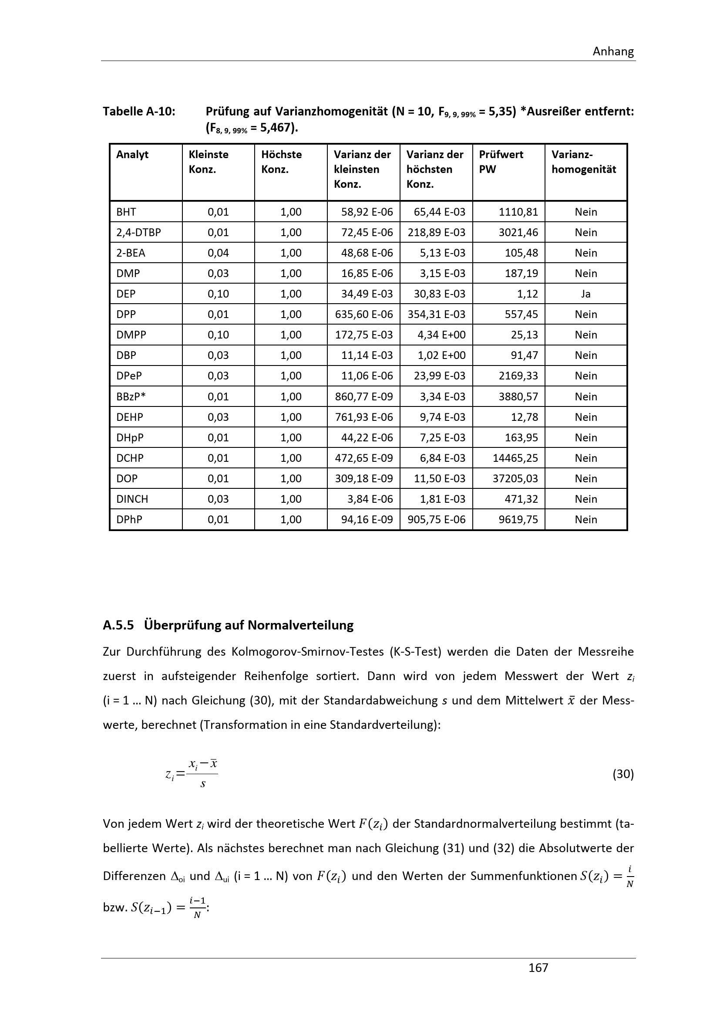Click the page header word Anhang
pyautogui.click(x=613, y=51)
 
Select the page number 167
pyautogui.click(x=538, y=968)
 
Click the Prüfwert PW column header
pyautogui.click(x=501, y=162)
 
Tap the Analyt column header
pyautogui.click(x=132, y=155)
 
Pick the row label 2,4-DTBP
pyautogui.click(x=138, y=232)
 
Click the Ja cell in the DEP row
pyautogui.click(x=585, y=294)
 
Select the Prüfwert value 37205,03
pyautogui.click(x=515, y=478)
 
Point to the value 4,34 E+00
pyautogui.click(x=441, y=335)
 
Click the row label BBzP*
pyautogui.click(x=131, y=396)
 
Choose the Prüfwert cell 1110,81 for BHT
pyautogui.click(x=518, y=212)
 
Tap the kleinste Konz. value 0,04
pyautogui.click(x=218, y=253)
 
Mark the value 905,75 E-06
pyautogui.click(x=437, y=519)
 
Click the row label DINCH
pyautogui.click(x=132, y=499)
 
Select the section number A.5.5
pyautogui.click(x=118, y=625)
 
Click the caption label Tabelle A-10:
pyautogui.click(x=139, y=112)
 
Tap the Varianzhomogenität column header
pyautogui.click(x=583, y=162)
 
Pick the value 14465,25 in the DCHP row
pyautogui.click(x=515, y=458)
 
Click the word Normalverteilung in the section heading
pyautogui.click(x=301, y=625)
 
